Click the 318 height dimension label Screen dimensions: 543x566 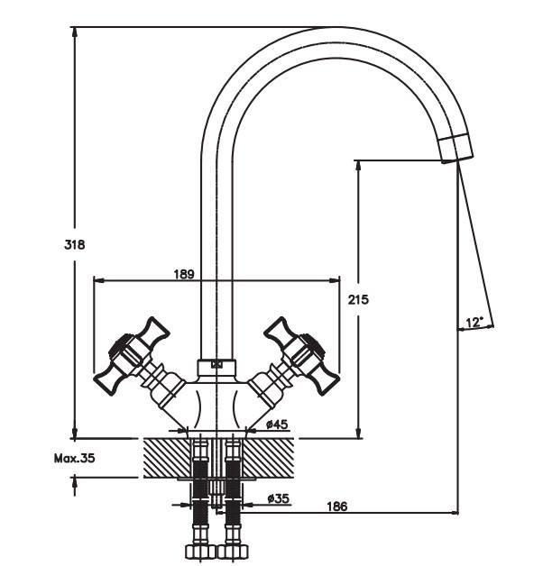(x=75, y=245)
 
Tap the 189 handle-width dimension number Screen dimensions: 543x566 (x=184, y=274)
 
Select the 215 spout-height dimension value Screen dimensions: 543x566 (x=358, y=299)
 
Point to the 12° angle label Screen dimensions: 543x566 (x=474, y=323)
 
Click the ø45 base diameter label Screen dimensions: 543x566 (x=277, y=424)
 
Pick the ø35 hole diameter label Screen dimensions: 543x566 (x=278, y=499)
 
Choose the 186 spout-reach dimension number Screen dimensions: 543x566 (x=336, y=507)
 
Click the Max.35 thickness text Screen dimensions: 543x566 (x=75, y=459)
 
